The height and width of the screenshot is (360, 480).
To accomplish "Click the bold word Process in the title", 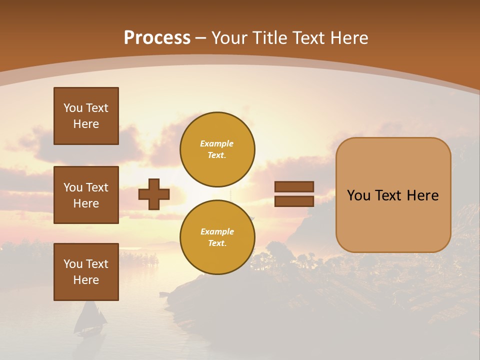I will pyautogui.click(x=157, y=38).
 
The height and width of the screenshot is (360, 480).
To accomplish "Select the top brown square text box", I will pyautogui.click(x=86, y=116).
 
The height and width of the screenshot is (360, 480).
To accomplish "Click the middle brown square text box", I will pyautogui.click(x=86, y=195).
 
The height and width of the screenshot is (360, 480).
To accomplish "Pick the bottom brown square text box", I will pyautogui.click(x=86, y=271).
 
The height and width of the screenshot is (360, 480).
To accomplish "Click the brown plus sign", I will pyautogui.click(x=154, y=194).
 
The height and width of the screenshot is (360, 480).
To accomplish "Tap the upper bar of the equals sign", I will pyautogui.click(x=294, y=186).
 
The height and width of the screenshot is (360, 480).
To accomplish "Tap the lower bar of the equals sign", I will pyautogui.click(x=294, y=201).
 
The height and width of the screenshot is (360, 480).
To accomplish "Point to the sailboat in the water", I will pyautogui.click(x=91, y=318).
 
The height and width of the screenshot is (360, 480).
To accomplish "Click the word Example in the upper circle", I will pyautogui.click(x=217, y=143).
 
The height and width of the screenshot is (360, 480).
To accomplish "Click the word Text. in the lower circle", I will pyautogui.click(x=217, y=243).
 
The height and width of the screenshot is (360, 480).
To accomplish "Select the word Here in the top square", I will pyautogui.click(x=86, y=124).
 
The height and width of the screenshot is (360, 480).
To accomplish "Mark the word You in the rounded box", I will pyautogui.click(x=358, y=195).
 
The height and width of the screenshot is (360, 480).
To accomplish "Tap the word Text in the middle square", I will pyautogui.click(x=97, y=187).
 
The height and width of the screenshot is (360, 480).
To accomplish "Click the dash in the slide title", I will pyautogui.click(x=200, y=38).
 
